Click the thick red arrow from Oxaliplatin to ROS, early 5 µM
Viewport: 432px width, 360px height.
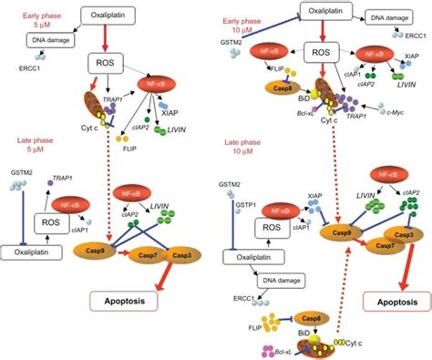pyautogui.click(x=112, y=38)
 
